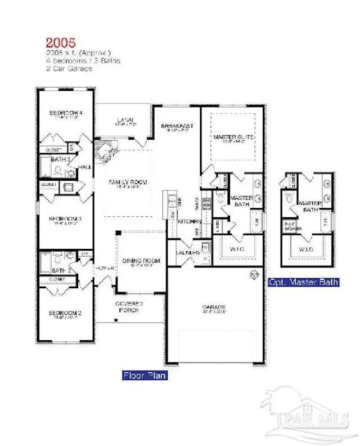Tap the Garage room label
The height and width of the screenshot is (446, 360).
coord(214,307)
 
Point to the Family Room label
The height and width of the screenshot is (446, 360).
coord(128,182)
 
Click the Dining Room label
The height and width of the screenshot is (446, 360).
coord(141,261)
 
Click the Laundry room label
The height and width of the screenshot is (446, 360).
coord(188,253)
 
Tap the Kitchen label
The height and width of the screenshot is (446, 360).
coord(186,222)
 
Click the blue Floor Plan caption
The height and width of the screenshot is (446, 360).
coord(145,375)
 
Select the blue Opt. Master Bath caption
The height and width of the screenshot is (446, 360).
coord(303,282)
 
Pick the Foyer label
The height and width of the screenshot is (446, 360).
coord(105,268)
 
